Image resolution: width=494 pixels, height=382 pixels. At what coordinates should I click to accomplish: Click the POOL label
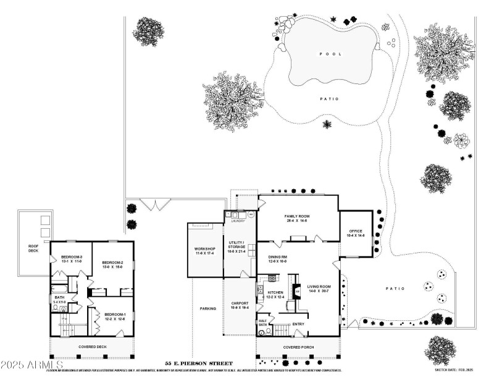point(329,54)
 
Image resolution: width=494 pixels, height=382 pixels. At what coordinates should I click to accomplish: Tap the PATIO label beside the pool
point(329,99)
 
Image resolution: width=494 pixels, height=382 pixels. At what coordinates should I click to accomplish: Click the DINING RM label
point(278,258)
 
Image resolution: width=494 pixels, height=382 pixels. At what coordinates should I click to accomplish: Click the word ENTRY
point(298,324)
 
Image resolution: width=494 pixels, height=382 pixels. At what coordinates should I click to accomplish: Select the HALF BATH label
point(262,323)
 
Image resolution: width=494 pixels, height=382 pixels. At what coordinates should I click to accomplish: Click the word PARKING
point(207,308)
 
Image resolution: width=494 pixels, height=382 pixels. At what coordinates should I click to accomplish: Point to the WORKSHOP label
point(204,250)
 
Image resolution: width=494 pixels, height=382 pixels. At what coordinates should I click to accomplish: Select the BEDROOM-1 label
point(114,316)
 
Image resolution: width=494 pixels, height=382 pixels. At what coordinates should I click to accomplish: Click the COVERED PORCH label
point(299,347)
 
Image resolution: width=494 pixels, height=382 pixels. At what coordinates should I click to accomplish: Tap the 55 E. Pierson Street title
point(198,363)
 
